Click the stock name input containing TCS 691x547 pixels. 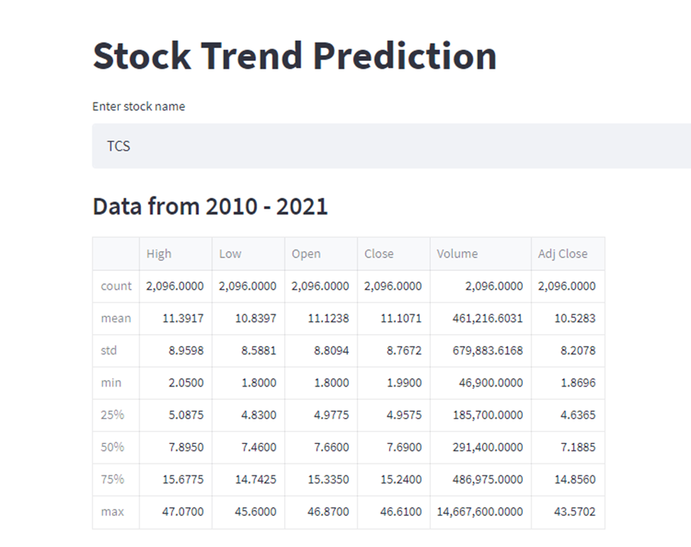click(x=390, y=146)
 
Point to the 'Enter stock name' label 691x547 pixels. click(x=138, y=106)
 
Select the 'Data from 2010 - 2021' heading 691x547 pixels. click(x=210, y=206)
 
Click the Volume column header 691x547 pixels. click(x=457, y=253)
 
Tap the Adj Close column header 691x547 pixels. click(x=563, y=253)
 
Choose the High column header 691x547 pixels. click(x=159, y=253)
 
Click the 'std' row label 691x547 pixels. click(x=109, y=350)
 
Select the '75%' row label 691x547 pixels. click(x=112, y=479)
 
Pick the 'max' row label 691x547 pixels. click(x=112, y=512)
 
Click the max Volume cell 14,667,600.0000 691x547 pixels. click(x=480, y=512)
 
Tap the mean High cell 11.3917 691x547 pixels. click(x=183, y=319)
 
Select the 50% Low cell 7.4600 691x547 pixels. click(x=257, y=447)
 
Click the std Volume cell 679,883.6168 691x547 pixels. click(x=488, y=350)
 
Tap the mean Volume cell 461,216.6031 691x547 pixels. click(x=488, y=319)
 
